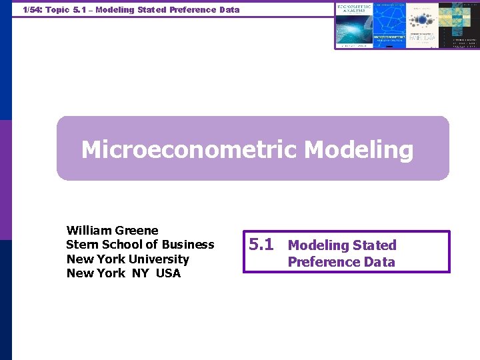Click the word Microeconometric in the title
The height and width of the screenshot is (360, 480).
pos(189,150)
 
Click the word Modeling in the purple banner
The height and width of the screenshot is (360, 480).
pos(359,150)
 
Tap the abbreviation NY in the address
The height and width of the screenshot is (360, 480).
pos(141,273)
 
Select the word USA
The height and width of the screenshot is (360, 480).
pos(168,273)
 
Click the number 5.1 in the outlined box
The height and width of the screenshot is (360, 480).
pos(261,245)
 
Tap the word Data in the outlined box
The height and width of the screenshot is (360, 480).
pos(379,262)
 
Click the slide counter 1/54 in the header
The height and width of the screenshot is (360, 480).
pos(31,10)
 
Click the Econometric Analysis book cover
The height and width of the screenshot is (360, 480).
pos(354,24)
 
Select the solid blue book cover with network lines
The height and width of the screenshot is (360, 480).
pos(389,24)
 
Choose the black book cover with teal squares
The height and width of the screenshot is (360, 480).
pos(458,24)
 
